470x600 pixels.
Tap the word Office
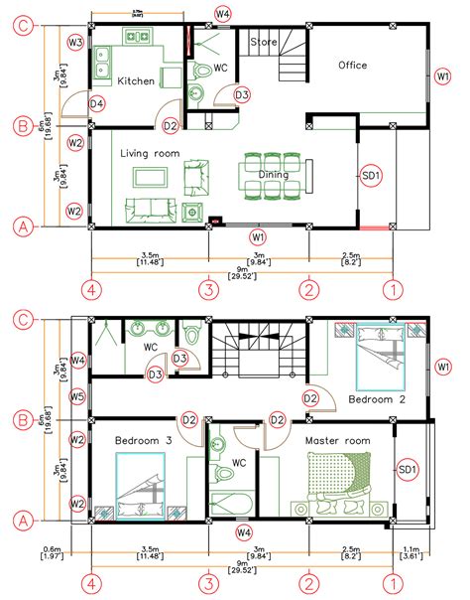352,66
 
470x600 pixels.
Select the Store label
263,43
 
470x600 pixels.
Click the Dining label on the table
274,175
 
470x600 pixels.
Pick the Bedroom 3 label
143,439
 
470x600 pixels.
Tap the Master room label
337,439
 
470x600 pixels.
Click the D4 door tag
97,103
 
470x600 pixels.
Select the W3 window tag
75,42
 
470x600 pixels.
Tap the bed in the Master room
340,481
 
